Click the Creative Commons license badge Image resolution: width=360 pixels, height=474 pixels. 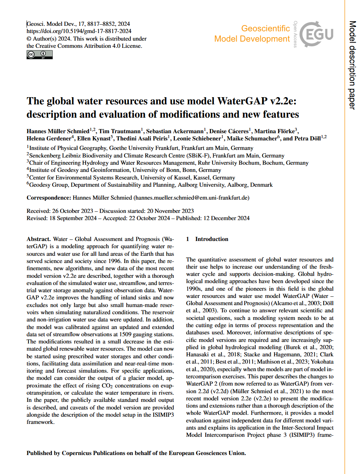(39, 55)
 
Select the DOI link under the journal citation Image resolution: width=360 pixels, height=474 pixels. (79, 31)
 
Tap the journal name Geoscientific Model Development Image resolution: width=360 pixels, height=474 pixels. (252, 33)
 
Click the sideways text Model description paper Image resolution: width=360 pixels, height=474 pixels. (352, 65)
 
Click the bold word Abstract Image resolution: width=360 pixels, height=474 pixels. (38, 239)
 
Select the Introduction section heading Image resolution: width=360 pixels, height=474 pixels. (212, 239)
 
